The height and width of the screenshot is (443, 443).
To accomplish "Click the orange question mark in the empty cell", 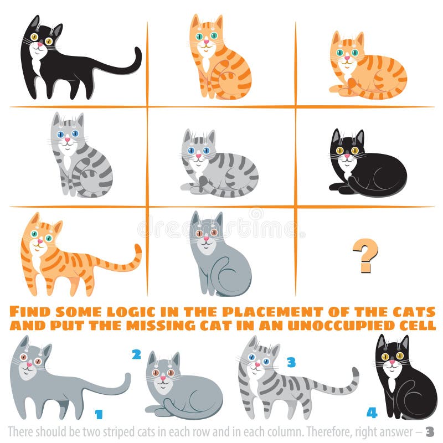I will click(365, 255).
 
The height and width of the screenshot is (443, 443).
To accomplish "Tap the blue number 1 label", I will click(99, 414).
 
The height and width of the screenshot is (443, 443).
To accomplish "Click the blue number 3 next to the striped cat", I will click(291, 363).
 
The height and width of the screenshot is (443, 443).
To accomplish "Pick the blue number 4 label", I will click(372, 413).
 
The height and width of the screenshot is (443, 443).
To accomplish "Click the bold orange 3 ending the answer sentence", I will click(430, 432).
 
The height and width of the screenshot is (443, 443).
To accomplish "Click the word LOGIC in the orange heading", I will click(128, 311).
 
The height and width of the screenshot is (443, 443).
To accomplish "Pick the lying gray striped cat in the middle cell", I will click(219, 166).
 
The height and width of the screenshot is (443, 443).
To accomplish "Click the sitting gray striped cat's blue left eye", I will click(60, 134).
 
